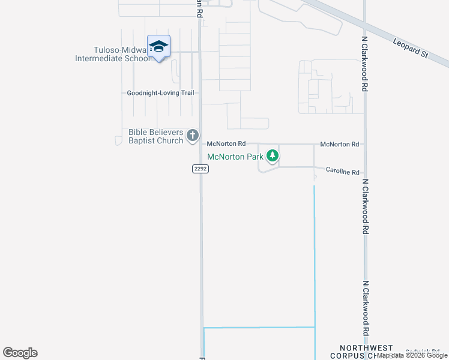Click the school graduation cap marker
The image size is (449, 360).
(158, 47)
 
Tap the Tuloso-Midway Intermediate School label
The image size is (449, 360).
(112, 55)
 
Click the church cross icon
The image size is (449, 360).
(192, 136)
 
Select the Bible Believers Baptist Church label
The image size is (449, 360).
(155, 136)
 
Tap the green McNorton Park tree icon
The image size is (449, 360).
(273, 156)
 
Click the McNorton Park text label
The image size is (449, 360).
(235, 157)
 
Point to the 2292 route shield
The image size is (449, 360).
(200, 169)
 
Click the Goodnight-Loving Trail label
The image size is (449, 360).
(161, 93)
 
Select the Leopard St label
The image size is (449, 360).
(411, 48)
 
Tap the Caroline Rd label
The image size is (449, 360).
(342, 171)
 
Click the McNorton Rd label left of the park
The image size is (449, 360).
(226, 144)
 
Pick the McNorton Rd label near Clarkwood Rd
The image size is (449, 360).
(339, 144)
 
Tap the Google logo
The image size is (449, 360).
(20, 353)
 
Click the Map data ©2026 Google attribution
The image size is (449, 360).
(413, 355)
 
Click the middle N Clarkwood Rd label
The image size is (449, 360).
(364, 205)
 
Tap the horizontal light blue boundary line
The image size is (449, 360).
(259, 328)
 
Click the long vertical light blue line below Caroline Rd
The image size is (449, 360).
(315, 252)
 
